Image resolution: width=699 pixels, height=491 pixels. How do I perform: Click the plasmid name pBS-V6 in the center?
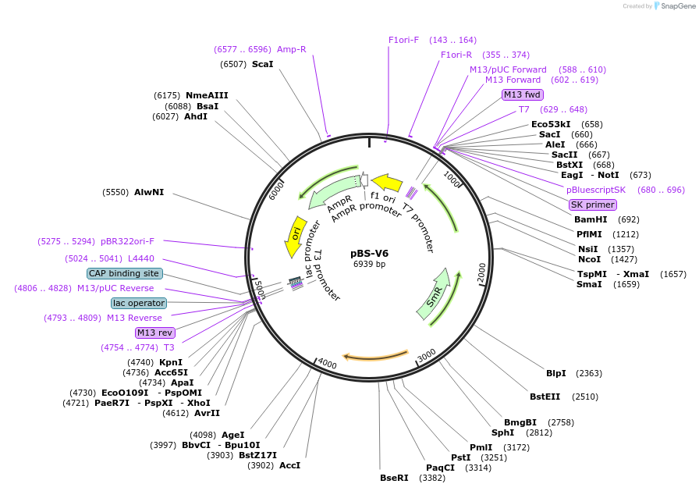coord(369,253)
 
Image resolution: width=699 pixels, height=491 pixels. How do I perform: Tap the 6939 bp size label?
coord(369,264)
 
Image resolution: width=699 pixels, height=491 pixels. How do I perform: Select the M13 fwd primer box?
coord(522,94)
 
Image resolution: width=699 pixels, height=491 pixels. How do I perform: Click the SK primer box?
coord(593,205)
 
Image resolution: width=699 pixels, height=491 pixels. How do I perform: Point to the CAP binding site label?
coord(125,273)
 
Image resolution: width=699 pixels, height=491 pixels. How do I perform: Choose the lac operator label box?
coord(139,303)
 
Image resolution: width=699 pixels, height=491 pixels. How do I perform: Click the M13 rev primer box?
coord(154,333)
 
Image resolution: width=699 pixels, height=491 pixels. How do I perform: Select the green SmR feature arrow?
coord(433,294)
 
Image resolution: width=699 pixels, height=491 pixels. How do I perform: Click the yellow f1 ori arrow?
coord(387,186)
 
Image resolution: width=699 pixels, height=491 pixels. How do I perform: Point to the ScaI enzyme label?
coord(262,64)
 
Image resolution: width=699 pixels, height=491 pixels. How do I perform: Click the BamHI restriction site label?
coord(591,219)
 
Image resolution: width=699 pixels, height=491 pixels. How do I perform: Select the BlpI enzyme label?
coord(556,373)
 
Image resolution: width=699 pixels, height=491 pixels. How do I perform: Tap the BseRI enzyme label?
coord(394,478)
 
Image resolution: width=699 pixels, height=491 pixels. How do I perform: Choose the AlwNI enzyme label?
coord(149,192)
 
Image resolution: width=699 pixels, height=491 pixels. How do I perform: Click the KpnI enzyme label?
coord(171,362)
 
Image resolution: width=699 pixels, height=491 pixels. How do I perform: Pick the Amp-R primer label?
coord(292,49)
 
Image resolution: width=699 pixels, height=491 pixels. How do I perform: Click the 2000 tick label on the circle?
coord(481,271)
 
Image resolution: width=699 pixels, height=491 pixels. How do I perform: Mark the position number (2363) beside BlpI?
coord(589,373)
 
